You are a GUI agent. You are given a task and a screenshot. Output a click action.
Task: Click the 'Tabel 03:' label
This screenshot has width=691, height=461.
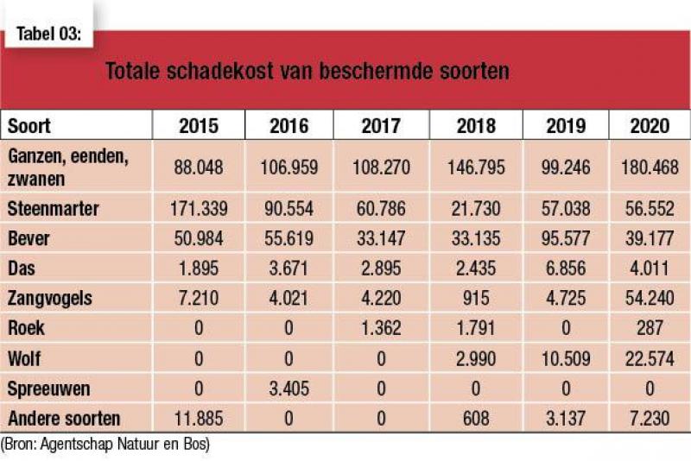[49, 34]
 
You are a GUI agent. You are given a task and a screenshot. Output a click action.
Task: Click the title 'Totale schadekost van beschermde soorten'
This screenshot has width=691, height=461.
[307, 71]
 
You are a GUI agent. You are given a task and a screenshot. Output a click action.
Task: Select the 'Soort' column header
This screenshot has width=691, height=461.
[29, 126]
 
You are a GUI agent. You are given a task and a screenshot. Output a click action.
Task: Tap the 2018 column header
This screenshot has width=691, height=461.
[476, 126]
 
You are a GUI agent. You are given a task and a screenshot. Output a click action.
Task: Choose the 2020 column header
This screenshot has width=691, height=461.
[650, 126]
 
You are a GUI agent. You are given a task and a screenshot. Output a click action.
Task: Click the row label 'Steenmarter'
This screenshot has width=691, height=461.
[54, 209]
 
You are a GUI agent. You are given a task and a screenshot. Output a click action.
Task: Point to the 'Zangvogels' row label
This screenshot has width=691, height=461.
[50, 298]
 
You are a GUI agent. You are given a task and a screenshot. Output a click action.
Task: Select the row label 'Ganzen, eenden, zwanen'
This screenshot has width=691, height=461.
[68, 167]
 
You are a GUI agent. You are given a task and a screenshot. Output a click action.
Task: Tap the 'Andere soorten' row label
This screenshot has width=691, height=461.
[64, 419]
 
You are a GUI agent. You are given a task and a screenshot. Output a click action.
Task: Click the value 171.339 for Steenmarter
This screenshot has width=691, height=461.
[199, 209]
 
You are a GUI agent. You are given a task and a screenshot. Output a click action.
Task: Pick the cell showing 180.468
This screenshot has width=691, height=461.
[650, 167]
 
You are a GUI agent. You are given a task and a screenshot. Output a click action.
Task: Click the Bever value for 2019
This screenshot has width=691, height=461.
[566, 238]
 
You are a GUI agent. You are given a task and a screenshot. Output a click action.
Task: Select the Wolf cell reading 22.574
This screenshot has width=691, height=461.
[650, 358]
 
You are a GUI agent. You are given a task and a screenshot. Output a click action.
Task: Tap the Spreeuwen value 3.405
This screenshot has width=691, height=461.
[289, 388]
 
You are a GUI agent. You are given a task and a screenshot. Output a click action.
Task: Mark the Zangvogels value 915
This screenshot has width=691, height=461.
[476, 298]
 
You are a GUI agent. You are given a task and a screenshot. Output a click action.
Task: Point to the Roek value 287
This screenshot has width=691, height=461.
[650, 328]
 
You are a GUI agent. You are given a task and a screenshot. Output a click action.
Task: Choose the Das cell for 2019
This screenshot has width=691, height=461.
[566, 268]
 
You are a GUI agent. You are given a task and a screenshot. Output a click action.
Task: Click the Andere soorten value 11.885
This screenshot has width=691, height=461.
[199, 419]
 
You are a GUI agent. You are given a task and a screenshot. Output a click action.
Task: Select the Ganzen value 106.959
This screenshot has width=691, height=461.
[289, 167]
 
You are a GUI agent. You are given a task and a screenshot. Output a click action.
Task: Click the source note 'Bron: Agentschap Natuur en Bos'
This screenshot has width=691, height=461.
[105, 444]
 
